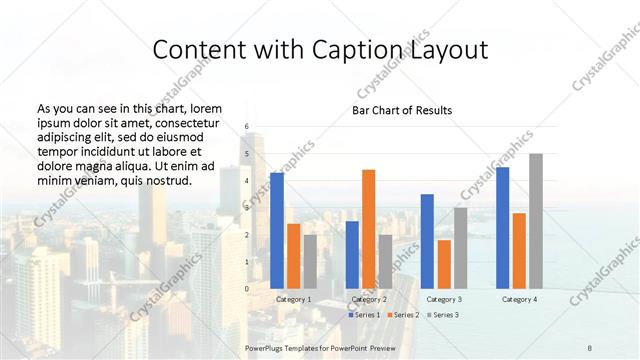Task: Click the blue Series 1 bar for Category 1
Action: point(277,231)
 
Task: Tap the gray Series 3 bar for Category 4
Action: point(536,221)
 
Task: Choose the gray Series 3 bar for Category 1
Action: point(310,262)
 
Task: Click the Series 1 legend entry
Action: point(365,315)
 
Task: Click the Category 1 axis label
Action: point(294,299)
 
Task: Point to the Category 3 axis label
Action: point(444,299)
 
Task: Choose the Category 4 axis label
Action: point(519,299)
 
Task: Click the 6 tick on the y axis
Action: point(247,127)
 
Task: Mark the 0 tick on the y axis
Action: point(247,289)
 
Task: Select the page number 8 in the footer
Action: point(590,346)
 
